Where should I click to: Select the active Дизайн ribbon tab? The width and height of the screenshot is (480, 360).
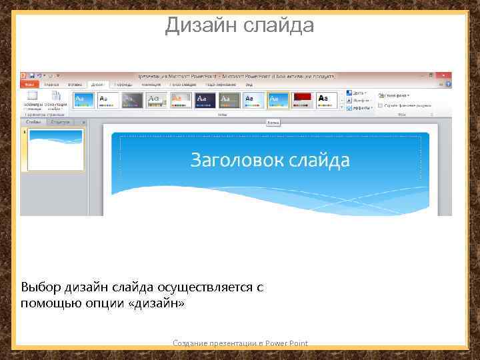(x=97, y=85)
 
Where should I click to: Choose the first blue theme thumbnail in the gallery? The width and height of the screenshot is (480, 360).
(x=84, y=99)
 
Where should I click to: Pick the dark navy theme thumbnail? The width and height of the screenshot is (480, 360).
(x=205, y=99)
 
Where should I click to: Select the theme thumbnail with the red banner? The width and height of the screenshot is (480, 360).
(x=302, y=99)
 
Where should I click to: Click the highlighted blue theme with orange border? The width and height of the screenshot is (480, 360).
(x=278, y=99)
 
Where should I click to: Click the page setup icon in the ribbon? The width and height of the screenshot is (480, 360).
(x=31, y=97)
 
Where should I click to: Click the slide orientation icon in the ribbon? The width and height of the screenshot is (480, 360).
(x=56, y=97)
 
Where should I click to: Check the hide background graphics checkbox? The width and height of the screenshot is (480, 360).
(x=380, y=105)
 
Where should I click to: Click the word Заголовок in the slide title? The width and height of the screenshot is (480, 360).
(x=233, y=160)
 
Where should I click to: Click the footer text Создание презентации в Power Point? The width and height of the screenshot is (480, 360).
(x=240, y=343)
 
